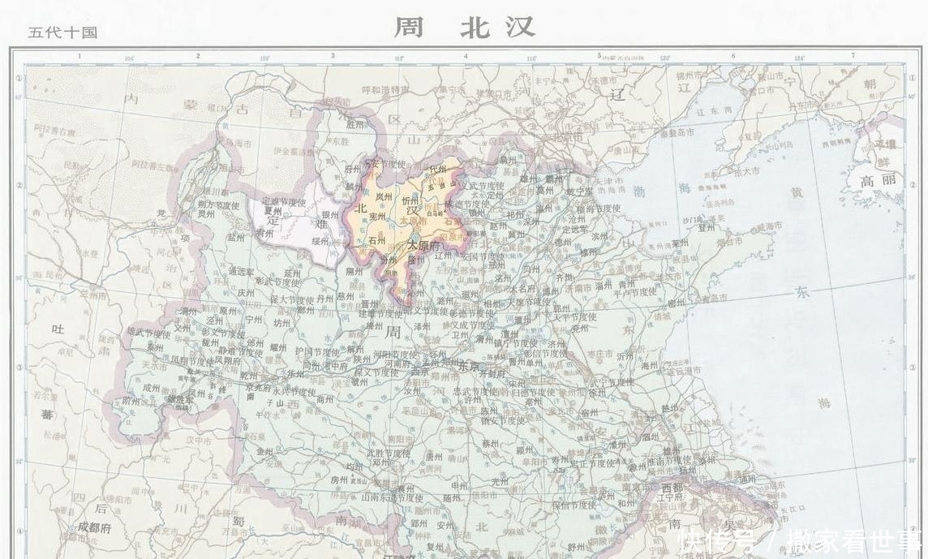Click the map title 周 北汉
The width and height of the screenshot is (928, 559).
pos(464,27)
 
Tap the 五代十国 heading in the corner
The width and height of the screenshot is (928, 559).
pos(62,32)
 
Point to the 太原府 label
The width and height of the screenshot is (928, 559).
pos(423,244)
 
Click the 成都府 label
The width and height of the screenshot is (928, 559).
pos(95,527)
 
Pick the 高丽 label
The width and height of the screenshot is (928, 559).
pos(879,180)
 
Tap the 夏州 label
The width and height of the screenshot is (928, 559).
pos(272,209)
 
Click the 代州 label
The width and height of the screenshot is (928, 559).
pos(438,169)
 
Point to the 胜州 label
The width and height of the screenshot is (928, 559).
pos(355,124)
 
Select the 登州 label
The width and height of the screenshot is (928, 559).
pos(707,228)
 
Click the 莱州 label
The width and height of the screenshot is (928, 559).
pos(680,243)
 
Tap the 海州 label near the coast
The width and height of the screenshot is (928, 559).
pos(650,366)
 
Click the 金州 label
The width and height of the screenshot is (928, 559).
pos(264,451)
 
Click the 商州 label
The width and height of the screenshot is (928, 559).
pos(324,398)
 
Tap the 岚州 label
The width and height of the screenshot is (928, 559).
pos(383,195)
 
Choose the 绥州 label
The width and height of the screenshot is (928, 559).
pos(320,241)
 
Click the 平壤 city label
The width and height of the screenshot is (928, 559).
pos(878,144)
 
